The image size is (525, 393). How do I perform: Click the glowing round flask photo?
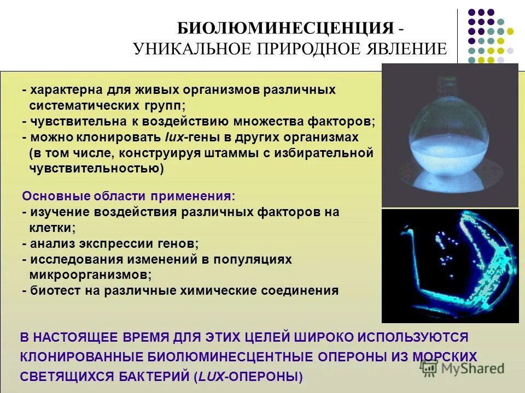tap(449, 135)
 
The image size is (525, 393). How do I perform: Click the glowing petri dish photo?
tap(449, 265)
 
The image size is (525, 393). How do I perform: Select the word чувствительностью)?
tap(96, 169)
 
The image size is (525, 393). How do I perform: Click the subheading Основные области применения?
tap(129, 196)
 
